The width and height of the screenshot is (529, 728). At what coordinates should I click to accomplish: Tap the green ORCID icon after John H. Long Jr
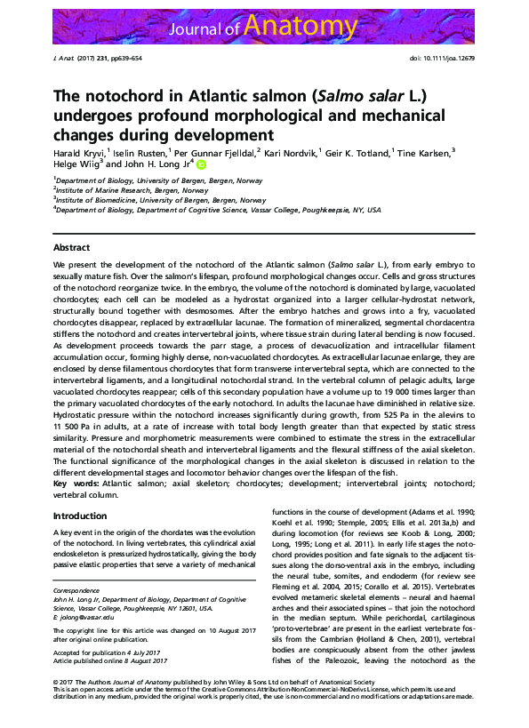(x=201, y=164)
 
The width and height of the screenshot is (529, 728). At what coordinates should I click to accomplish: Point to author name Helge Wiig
(x=76, y=164)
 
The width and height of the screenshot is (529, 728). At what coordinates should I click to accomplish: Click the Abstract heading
(x=71, y=246)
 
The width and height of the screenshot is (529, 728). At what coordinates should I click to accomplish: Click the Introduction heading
(x=80, y=516)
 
